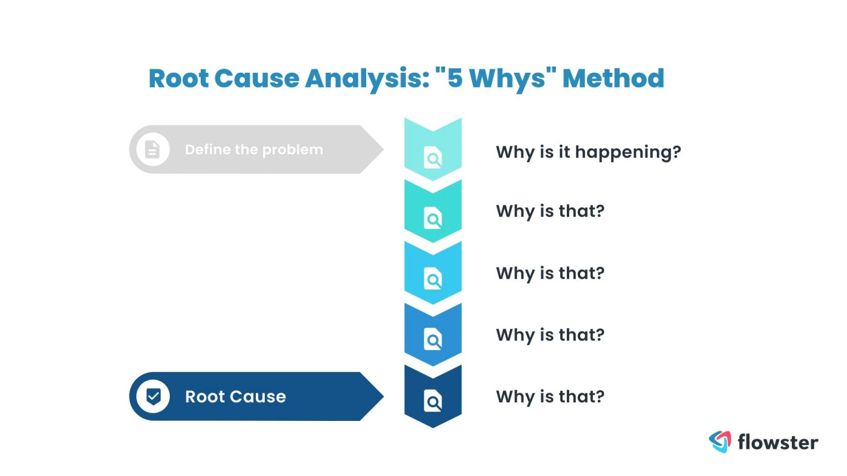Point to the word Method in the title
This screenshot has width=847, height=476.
tap(613, 78)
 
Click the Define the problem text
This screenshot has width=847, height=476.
tap(254, 150)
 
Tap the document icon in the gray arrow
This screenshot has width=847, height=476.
tap(152, 149)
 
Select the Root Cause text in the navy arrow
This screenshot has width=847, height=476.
tap(235, 397)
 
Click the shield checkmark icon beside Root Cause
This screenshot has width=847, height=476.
tap(153, 396)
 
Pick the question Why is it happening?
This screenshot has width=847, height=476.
tap(588, 152)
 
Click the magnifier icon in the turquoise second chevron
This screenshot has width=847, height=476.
tap(433, 219)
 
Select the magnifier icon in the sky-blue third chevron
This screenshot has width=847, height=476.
tap(433, 279)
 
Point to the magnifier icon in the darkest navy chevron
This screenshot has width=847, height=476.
tap(433, 401)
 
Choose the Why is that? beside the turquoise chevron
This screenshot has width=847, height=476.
tap(550, 212)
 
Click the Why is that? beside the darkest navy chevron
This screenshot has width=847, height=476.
tap(550, 397)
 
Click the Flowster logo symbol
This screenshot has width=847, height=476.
tap(720, 441)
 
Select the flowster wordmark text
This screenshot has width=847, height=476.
tap(778, 442)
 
